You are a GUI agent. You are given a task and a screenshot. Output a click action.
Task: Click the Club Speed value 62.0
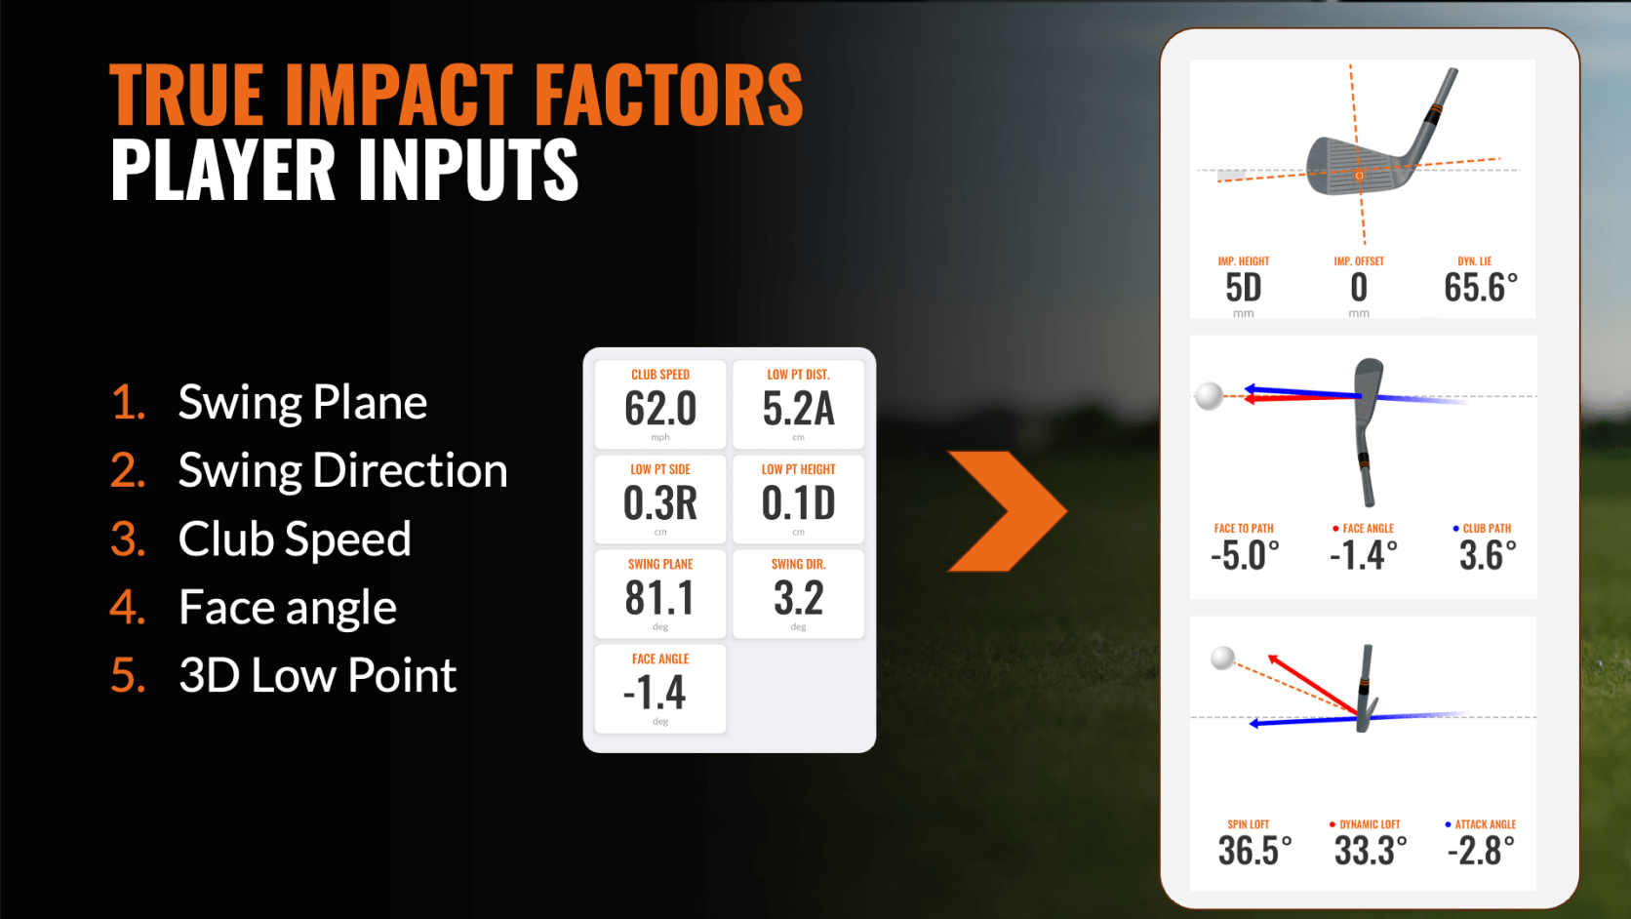[x=660, y=408]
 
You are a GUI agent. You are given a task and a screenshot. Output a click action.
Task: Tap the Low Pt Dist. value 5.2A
[x=798, y=408]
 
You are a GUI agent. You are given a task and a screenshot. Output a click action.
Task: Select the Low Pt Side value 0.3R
[x=660, y=502]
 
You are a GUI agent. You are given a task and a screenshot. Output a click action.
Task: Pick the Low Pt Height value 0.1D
[x=798, y=502]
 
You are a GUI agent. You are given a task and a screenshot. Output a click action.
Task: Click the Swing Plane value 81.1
[x=660, y=597]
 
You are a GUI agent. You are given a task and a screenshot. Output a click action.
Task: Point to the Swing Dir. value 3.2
[x=798, y=597]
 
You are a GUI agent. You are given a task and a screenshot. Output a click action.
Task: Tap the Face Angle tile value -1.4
[x=656, y=693]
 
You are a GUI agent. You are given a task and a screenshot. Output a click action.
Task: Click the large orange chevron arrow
[x=1005, y=511]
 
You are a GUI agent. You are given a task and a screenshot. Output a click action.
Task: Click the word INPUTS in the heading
[x=466, y=170]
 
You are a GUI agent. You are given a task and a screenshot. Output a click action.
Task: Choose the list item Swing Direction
[x=342, y=470]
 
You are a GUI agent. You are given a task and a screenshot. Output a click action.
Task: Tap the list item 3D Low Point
[x=317, y=675]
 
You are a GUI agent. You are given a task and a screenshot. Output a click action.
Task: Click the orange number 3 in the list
[x=127, y=539]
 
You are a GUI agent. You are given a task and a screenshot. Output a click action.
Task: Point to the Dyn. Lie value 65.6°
[x=1480, y=288]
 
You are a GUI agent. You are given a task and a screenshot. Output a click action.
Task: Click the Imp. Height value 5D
[x=1244, y=288]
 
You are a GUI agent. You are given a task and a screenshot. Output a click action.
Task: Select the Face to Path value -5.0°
[x=1245, y=555]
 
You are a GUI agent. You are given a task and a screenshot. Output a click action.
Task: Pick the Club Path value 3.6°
[x=1487, y=555]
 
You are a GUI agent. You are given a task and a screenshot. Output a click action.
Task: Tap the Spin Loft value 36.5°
[x=1254, y=851]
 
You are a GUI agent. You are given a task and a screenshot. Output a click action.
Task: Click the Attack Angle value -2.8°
[x=1481, y=851]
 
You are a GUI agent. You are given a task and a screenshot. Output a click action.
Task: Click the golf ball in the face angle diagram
[x=1209, y=396]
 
